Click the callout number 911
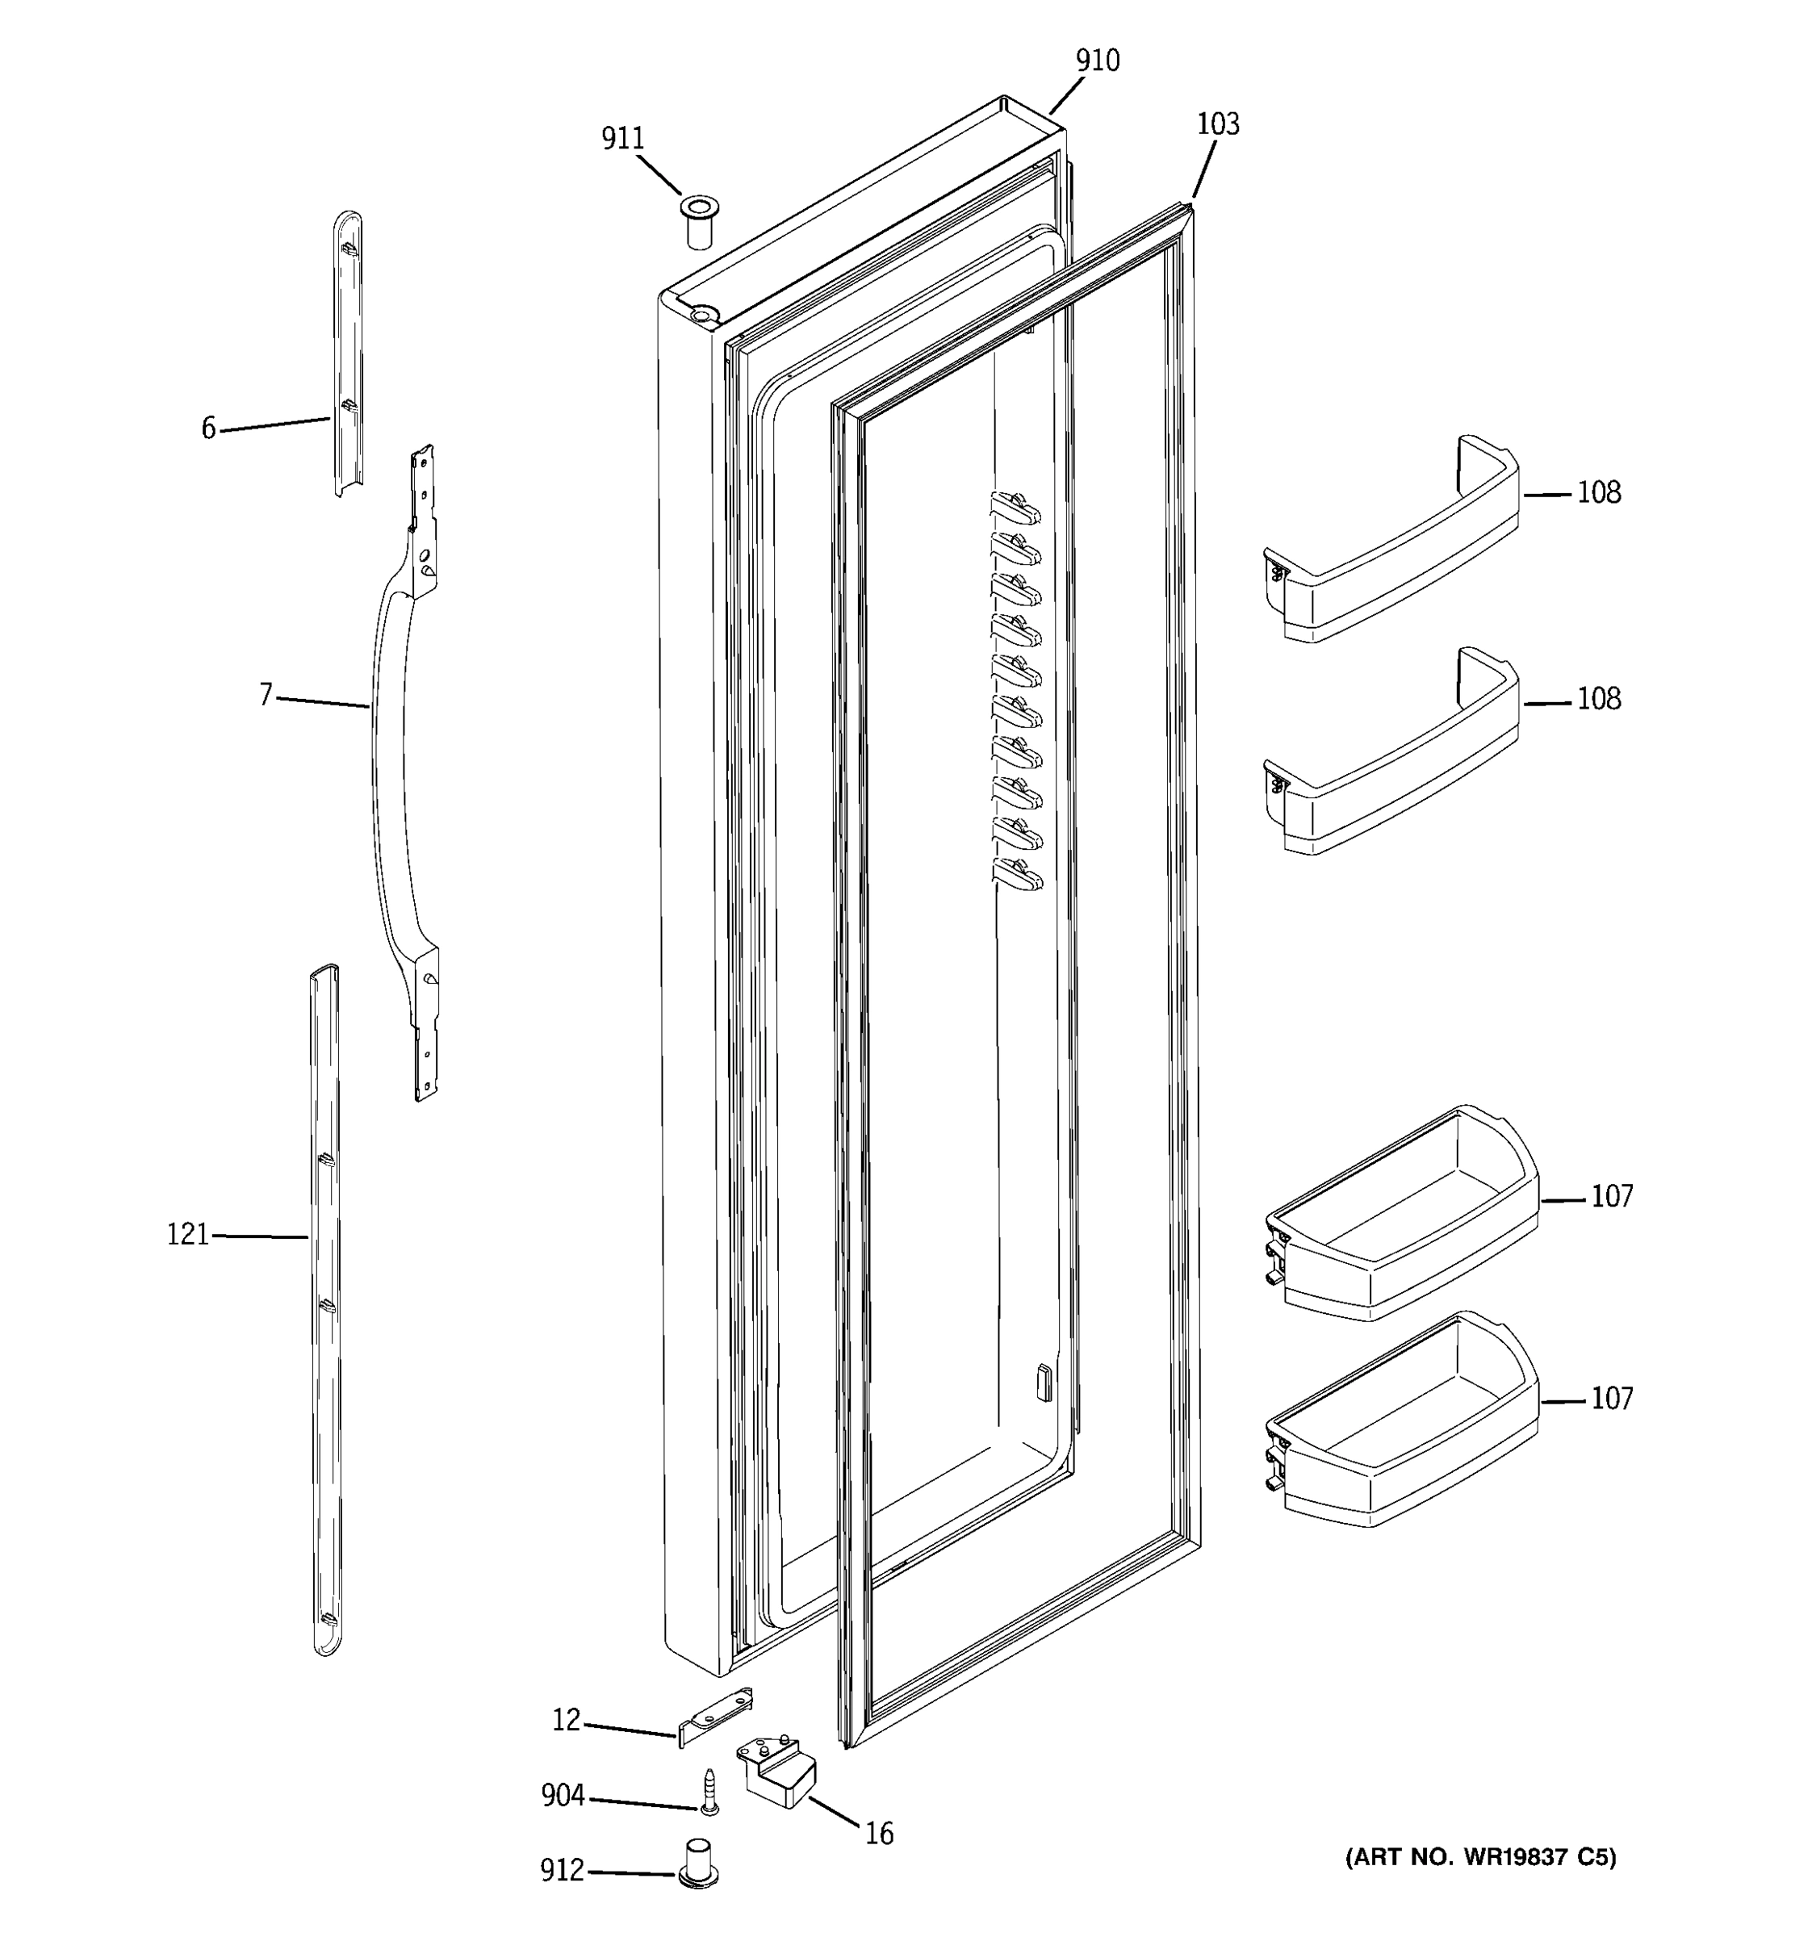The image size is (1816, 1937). tap(622, 140)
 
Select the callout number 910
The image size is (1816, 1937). tap(1097, 61)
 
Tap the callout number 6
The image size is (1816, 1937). tap(208, 429)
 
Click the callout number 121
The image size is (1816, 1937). tap(188, 1236)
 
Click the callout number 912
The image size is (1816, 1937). tap(562, 1871)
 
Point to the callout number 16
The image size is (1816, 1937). tap(879, 1835)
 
